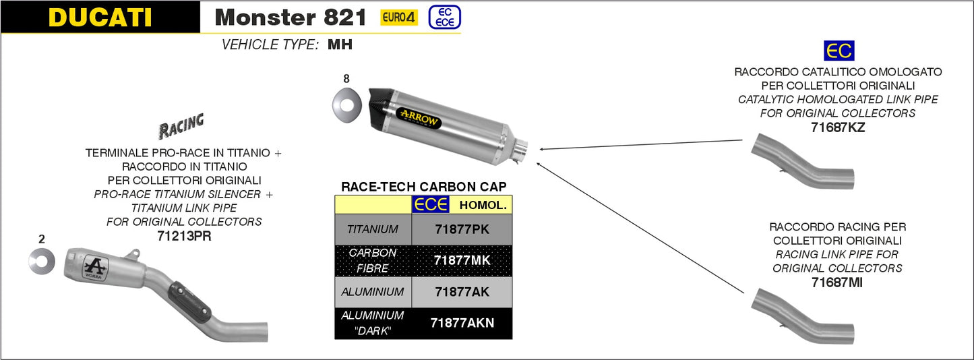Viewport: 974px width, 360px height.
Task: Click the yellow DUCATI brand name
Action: point(100,17)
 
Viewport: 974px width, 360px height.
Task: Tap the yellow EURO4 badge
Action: point(399,18)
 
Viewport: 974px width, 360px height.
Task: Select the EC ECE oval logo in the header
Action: point(444,18)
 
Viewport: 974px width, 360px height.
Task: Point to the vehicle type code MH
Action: point(340,44)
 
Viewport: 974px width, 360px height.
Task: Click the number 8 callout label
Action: point(346,79)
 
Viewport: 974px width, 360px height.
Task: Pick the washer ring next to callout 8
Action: point(346,105)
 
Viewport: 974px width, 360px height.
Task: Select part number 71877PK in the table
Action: point(462,229)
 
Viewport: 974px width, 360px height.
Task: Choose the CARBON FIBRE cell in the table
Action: point(373,260)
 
